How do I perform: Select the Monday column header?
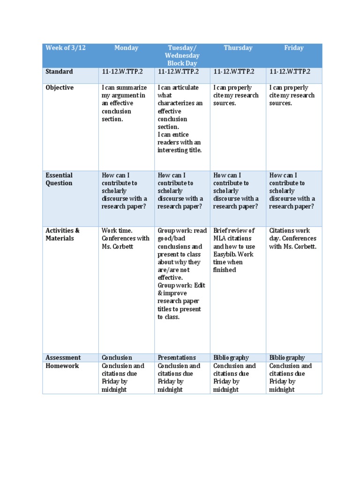coord(126,48)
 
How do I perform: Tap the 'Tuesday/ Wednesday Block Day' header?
coord(182,55)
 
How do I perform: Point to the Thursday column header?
coord(238,48)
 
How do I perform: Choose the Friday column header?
coord(294,48)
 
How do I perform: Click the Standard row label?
coord(59,72)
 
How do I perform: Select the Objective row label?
coord(60,88)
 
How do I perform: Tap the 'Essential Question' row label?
coord(59,179)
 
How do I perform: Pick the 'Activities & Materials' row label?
coord(62,234)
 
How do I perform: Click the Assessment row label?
coord(63,358)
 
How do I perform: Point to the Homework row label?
coord(62,366)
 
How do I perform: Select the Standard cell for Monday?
coord(122,72)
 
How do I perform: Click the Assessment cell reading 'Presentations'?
coord(177,358)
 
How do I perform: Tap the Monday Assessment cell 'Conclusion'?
coord(117,358)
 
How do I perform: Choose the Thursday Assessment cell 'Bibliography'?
coord(231,358)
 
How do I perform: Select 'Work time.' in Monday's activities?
coord(117,231)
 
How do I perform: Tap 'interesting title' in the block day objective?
coord(180,150)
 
